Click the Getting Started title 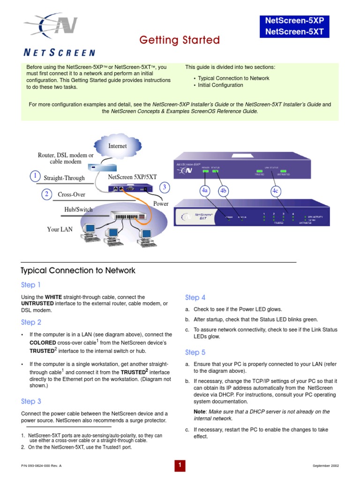pos(180,40)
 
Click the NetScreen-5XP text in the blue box pos(294,21)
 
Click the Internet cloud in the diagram pos(117,146)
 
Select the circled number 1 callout pos(35,176)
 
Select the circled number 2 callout pos(47,194)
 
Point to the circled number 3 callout pos(164,187)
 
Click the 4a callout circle pos(205,191)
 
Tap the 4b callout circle pos(223,191)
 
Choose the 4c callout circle pos(275,191)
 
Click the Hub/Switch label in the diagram pos(78,210)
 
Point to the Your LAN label pos(60,230)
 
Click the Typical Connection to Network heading pos(78,270)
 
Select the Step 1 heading pos(31,285)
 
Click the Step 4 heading pos(195,298)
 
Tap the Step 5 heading pos(195,352)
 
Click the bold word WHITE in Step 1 pos(53,297)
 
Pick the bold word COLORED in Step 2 pos(43,343)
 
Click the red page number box pos(180,465)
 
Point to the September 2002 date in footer pos(326,465)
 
